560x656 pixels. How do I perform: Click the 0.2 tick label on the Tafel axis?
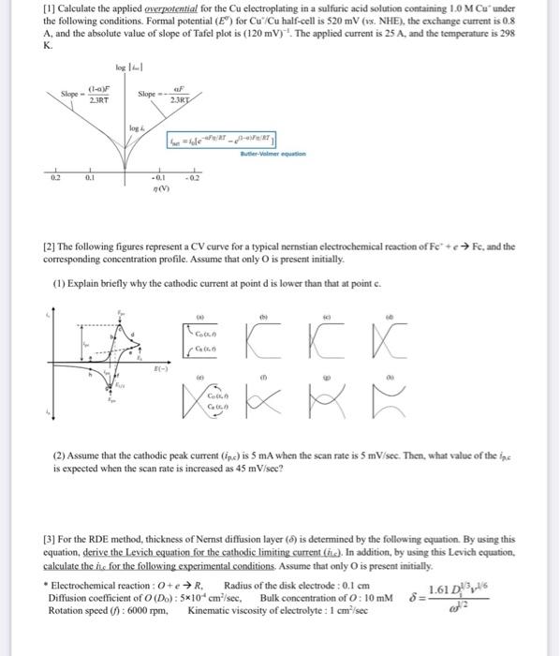[x=57, y=174]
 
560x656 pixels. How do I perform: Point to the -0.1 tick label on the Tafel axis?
[x=159, y=175]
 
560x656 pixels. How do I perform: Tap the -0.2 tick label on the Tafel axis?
[x=194, y=175]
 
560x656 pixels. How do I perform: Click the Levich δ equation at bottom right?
[x=465, y=596]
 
